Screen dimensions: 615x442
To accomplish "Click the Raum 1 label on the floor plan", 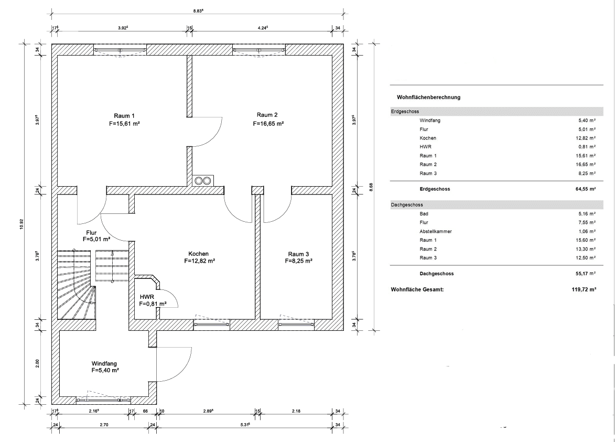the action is coord(124,116).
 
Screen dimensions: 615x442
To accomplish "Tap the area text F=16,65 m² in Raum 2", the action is coord(268,124).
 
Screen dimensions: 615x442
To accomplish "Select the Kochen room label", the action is coord(199,254).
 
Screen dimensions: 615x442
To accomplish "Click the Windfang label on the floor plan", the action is coord(104,363).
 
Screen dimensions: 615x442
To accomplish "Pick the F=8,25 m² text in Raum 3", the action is coord(298,261).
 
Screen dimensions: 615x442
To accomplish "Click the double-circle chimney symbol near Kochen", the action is coord(203,180).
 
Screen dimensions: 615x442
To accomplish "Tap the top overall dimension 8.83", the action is coord(198,11).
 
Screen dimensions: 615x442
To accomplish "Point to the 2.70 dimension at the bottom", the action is coord(104,425).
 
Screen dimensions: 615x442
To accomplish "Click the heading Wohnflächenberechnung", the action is coord(429,98).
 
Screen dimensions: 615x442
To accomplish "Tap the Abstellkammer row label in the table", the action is coord(436,231).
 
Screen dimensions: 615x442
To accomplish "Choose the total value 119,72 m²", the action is coord(584,290).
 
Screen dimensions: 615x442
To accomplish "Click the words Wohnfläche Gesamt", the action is coord(417,290).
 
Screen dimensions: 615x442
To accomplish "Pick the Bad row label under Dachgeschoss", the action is coord(424,214).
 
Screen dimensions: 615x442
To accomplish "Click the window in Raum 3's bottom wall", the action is coord(296,325).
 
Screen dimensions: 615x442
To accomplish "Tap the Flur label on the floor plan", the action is coord(91,233).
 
